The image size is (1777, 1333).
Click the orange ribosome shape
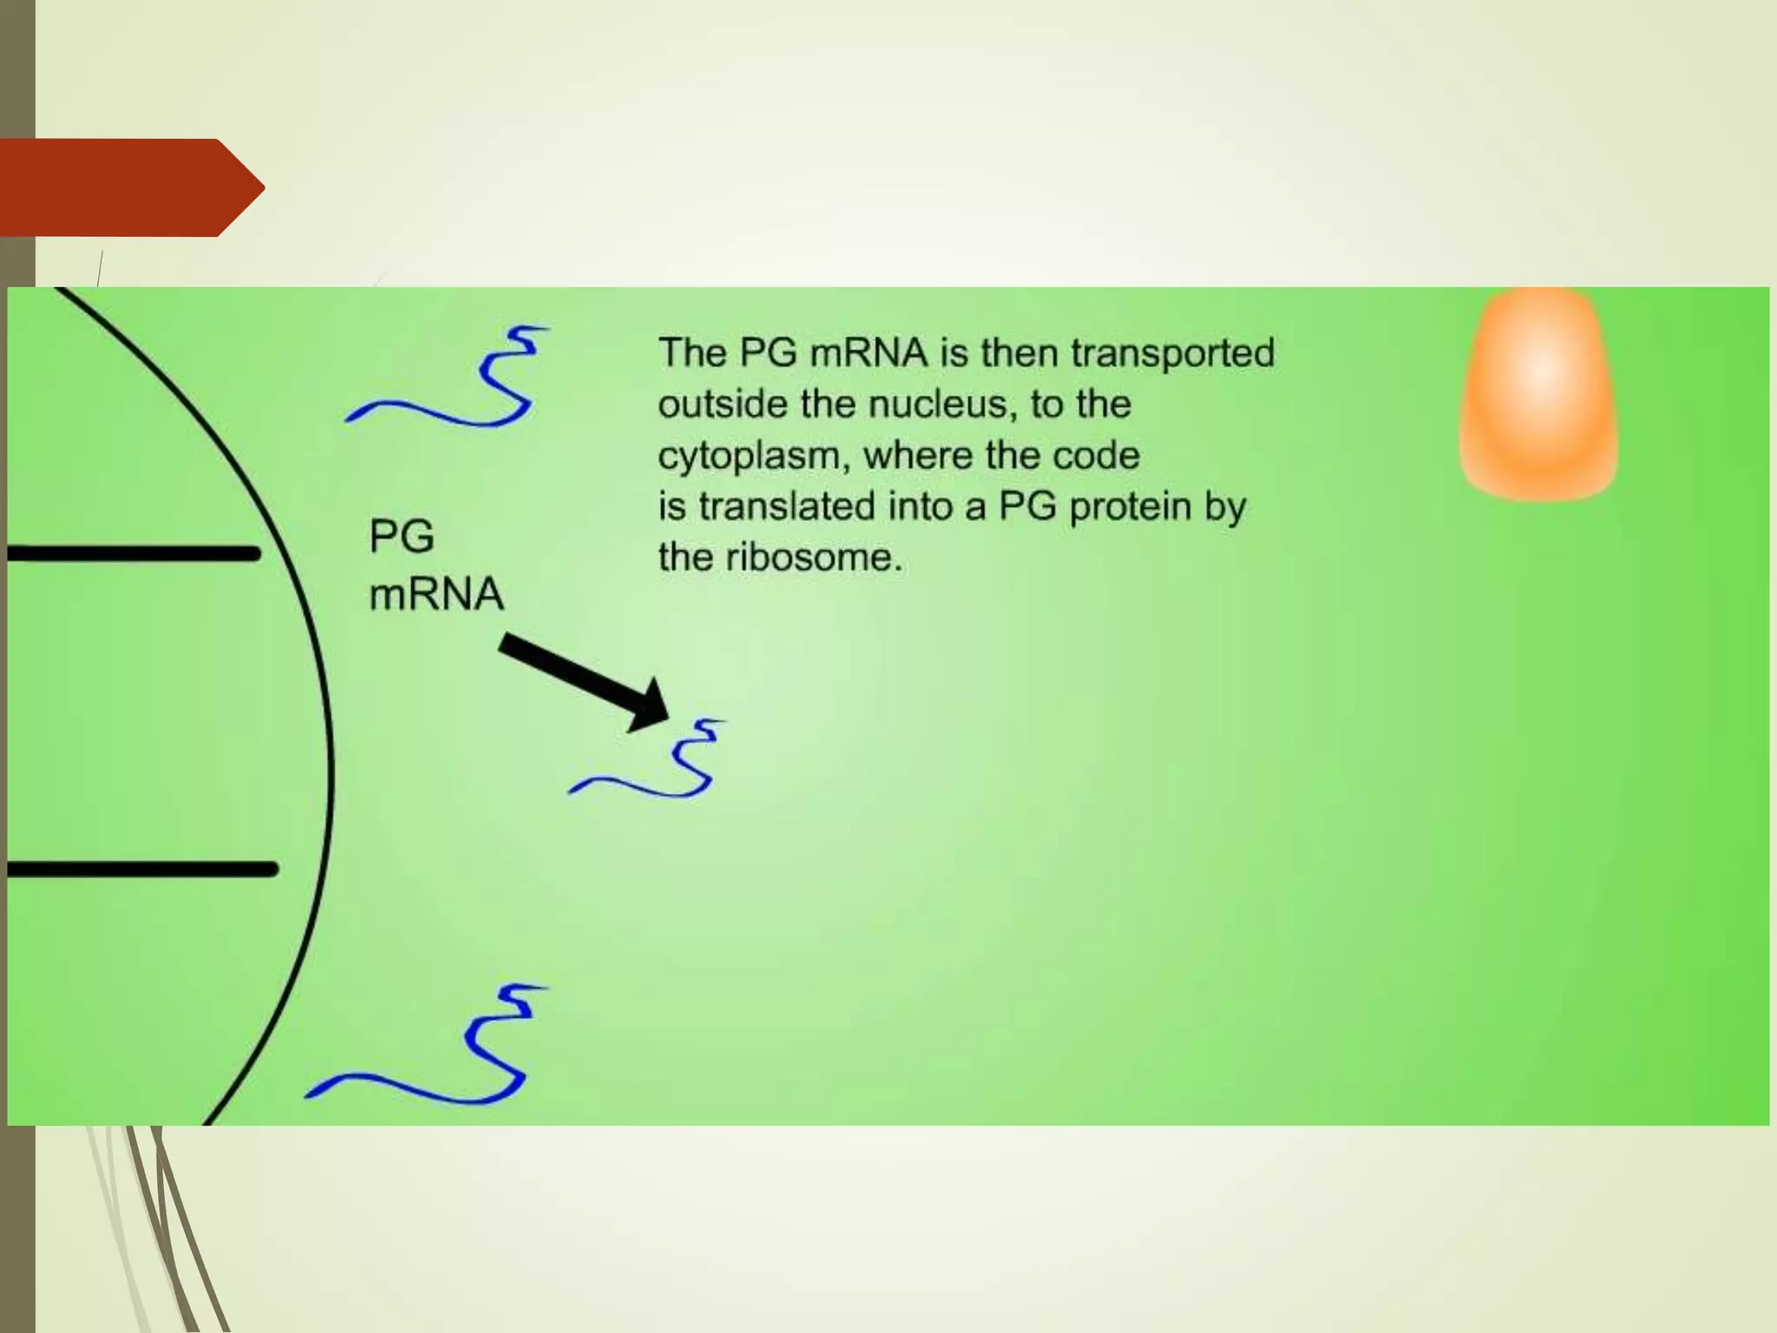1539,395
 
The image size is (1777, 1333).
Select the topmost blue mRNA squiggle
449,378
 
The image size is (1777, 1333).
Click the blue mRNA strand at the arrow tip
647,759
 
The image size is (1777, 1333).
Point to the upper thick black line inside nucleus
134,553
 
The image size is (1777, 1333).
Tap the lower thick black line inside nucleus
142,869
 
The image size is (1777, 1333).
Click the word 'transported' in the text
1172,353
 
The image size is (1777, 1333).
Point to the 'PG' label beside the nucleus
401,536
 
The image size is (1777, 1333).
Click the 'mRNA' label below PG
436,594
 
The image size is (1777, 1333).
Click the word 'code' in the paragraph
1102,456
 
